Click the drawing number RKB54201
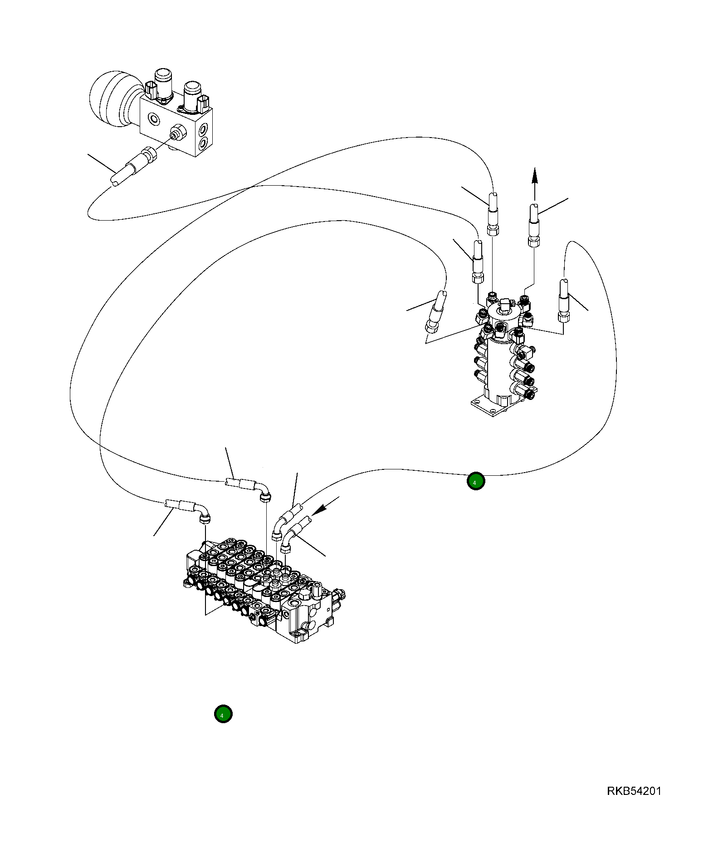coord(634,790)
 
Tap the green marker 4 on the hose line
coord(475,481)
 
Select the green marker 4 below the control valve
coord(223,714)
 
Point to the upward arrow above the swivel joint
coord(535,184)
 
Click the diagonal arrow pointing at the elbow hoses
coord(326,506)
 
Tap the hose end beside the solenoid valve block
coord(134,167)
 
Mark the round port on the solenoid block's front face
coord(154,120)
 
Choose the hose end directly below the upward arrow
coord(534,225)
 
